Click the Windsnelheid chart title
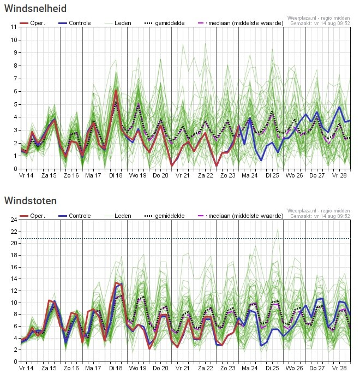click(x=35, y=9)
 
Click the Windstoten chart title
click(x=31, y=201)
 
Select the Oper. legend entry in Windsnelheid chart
click(x=32, y=23)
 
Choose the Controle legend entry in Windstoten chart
click(x=75, y=216)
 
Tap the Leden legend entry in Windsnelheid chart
click(x=118, y=23)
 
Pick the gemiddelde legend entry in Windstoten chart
click(x=164, y=216)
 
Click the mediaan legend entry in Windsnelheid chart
click(x=241, y=23)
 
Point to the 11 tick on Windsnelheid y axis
click(x=14, y=27)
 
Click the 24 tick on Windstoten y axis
click(x=14, y=220)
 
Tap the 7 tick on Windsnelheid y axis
click(x=15, y=79)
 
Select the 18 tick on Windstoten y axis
click(x=14, y=255)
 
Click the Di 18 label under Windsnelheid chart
click(x=116, y=175)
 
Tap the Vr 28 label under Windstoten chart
click(x=339, y=368)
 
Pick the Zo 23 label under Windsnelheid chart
click(x=227, y=175)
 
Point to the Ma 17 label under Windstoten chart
click(x=93, y=368)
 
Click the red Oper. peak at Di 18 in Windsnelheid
click(x=116, y=91)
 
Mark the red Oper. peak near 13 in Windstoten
click(x=116, y=282)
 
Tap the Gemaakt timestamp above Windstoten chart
click(x=320, y=216)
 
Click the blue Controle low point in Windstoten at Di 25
click(x=261, y=346)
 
